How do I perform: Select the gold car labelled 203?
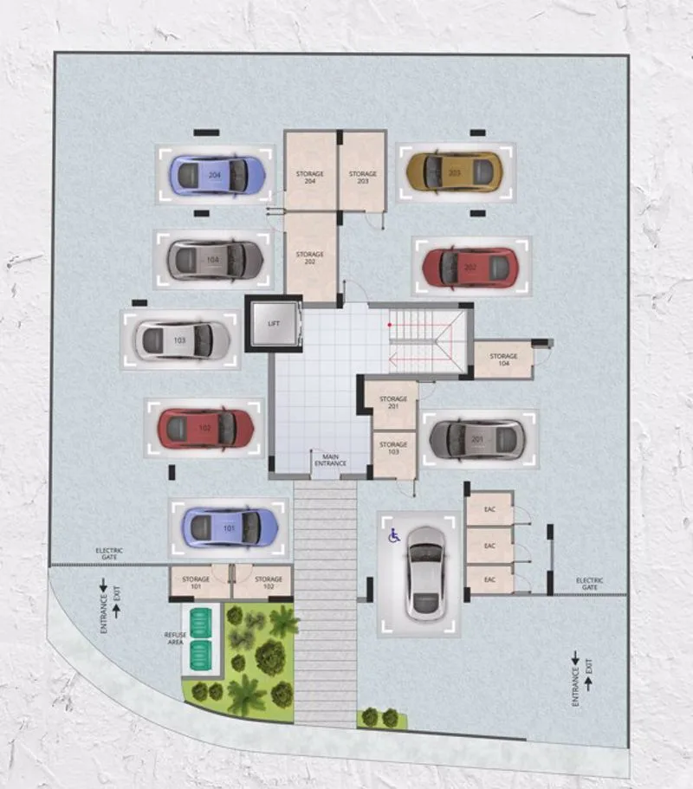tap(454, 171)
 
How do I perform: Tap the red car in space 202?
tap(469, 268)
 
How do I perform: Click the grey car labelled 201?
tap(477, 439)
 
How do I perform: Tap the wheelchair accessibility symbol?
tap(394, 537)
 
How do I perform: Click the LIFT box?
tap(274, 323)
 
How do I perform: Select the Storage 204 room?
tap(309, 175)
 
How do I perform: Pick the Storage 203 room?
tap(362, 175)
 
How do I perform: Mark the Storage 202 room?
tap(309, 256)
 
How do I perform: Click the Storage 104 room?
tap(502, 359)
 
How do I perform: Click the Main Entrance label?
tap(329, 460)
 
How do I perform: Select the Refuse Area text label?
tap(176, 639)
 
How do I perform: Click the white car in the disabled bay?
tap(425, 572)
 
